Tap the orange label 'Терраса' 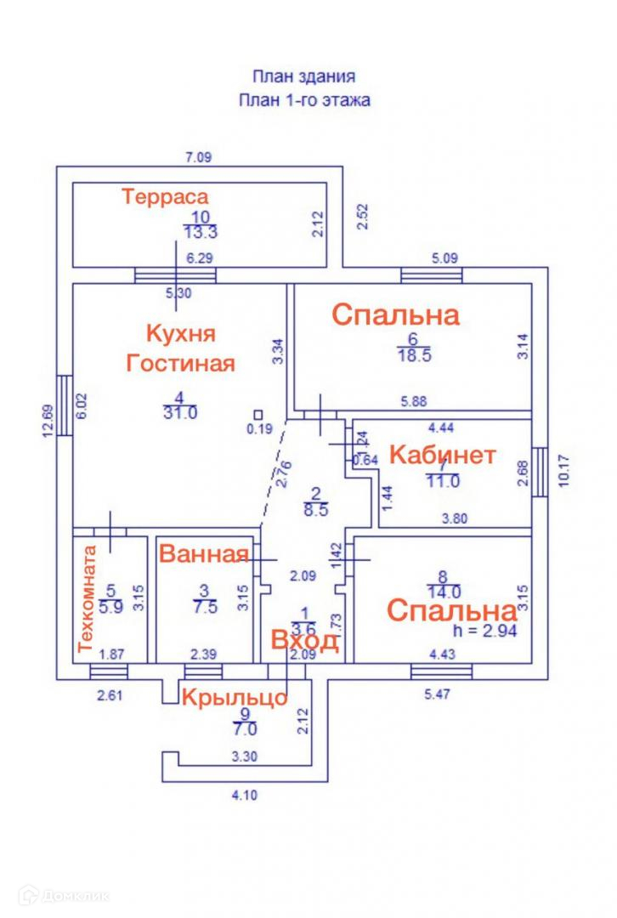pyautogui.click(x=165, y=197)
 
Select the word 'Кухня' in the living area pyautogui.click(x=179, y=332)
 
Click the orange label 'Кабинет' pyautogui.click(x=442, y=456)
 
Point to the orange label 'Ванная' pyautogui.click(x=204, y=554)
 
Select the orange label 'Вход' pyautogui.click(x=304, y=640)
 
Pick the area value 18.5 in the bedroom pyautogui.click(x=415, y=356)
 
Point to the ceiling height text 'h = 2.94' pyautogui.click(x=486, y=632)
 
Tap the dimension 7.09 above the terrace pyautogui.click(x=199, y=156)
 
